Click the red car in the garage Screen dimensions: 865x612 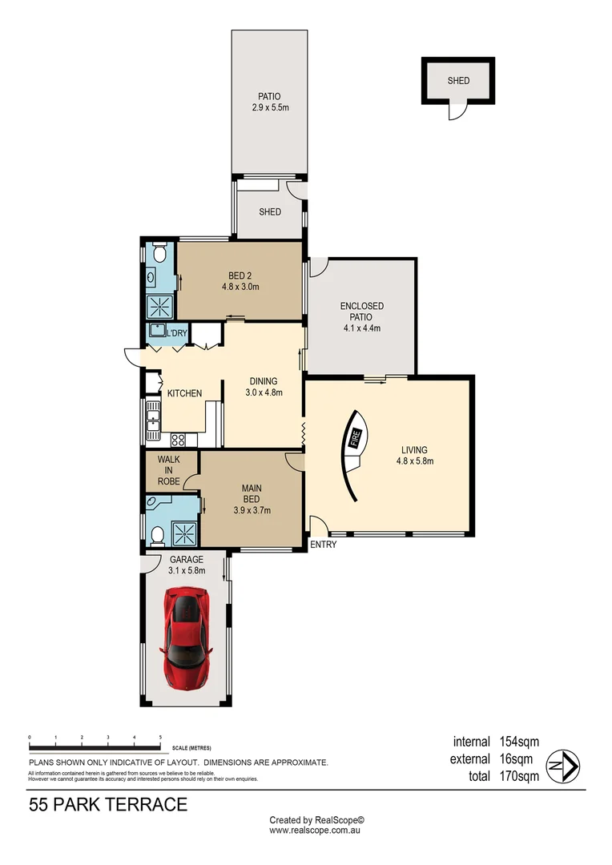click(x=186, y=634)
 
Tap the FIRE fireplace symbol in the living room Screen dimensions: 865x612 click(x=354, y=439)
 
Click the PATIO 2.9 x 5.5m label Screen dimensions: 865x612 click(x=268, y=101)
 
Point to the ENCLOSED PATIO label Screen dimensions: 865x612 click(x=361, y=316)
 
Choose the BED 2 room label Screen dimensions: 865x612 click(x=240, y=281)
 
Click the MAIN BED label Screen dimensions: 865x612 click(x=252, y=498)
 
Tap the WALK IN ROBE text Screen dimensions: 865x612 click(x=168, y=470)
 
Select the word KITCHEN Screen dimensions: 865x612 click(x=184, y=393)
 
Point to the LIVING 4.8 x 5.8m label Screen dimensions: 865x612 click(x=415, y=455)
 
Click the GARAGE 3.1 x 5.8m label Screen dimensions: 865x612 click(x=187, y=565)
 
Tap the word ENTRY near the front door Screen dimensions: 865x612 click(x=324, y=545)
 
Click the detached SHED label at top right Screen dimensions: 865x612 click(x=458, y=81)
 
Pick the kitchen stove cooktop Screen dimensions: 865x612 click(x=179, y=438)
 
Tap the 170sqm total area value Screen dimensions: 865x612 click(x=518, y=775)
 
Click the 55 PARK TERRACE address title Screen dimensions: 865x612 click(x=108, y=804)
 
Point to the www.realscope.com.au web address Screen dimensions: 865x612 click(x=316, y=831)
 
